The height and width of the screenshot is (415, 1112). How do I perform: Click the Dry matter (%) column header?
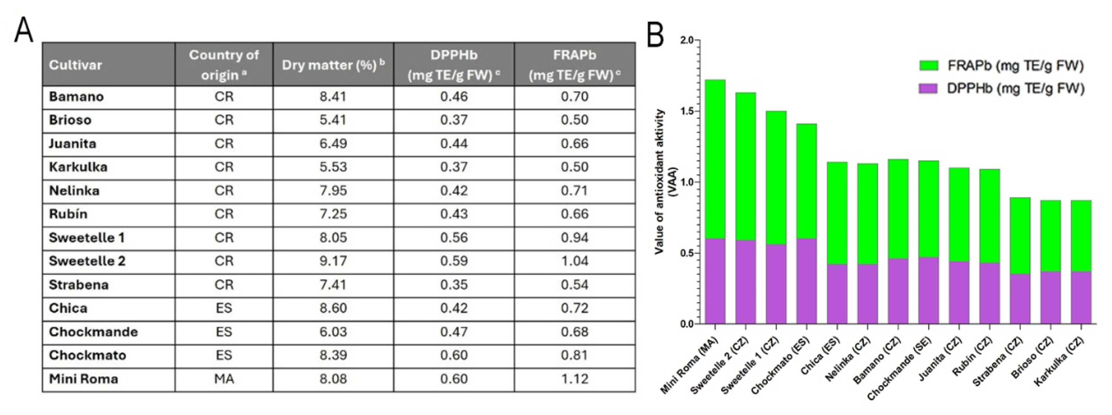tap(333, 65)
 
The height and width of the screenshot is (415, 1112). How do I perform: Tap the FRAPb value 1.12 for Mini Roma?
tap(575, 379)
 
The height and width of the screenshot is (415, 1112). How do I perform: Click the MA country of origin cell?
tap(224, 379)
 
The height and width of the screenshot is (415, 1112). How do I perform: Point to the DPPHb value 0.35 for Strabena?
tap(454, 285)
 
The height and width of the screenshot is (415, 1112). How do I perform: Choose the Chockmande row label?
tap(93, 332)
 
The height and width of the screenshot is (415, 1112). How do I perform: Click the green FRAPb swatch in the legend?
tap(928, 66)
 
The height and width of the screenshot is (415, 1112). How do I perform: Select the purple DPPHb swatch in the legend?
tap(928, 89)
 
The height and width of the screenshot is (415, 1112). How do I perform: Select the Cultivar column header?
tap(75, 65)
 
